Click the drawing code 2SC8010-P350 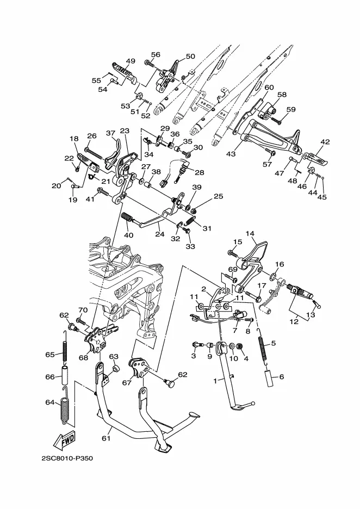(67, 458)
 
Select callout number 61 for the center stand (106, 438)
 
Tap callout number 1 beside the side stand (215, 381)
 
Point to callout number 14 (250, 234)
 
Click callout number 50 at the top (190, 56)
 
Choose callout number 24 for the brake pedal (160, 234)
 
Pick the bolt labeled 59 (276, 120)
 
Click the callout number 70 (83, 310)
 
